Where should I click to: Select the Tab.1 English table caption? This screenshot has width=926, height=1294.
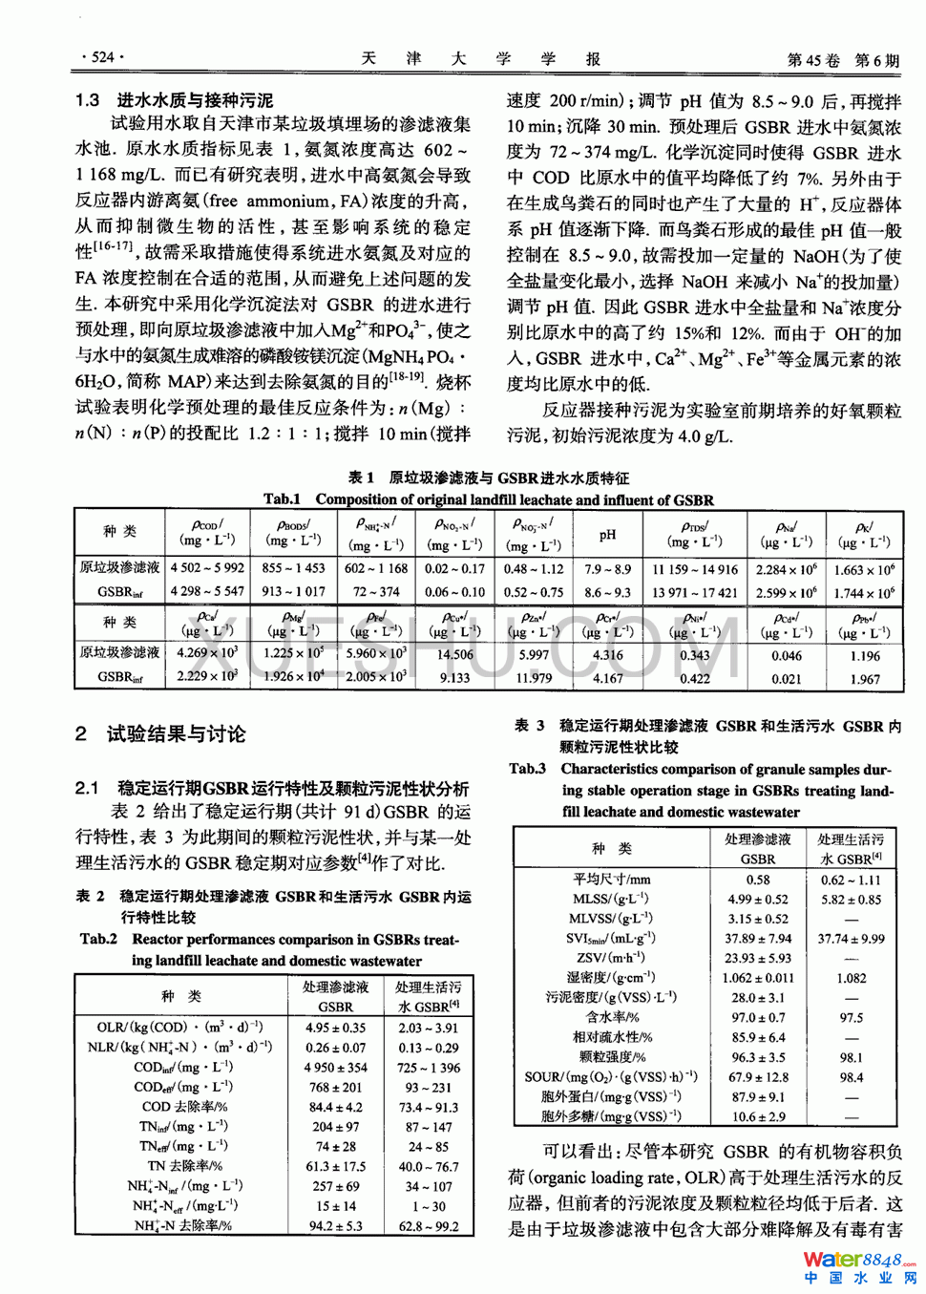(488, 499)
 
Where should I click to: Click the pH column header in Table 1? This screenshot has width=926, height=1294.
(608, 536)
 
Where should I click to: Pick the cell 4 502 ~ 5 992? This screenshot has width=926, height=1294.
(207, 568)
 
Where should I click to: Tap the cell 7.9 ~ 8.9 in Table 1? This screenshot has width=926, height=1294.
(608, 569)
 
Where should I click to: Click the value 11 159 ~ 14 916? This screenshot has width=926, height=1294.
(695, 569)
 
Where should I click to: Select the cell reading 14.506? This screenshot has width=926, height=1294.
(455, 655)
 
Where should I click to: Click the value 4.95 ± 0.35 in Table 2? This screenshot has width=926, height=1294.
(335, 1028)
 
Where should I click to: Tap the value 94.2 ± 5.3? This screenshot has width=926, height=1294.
(335, 1226)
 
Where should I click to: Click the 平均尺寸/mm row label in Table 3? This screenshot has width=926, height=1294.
(611, 880)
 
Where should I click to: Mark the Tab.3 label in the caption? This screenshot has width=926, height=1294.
(528, 769)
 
